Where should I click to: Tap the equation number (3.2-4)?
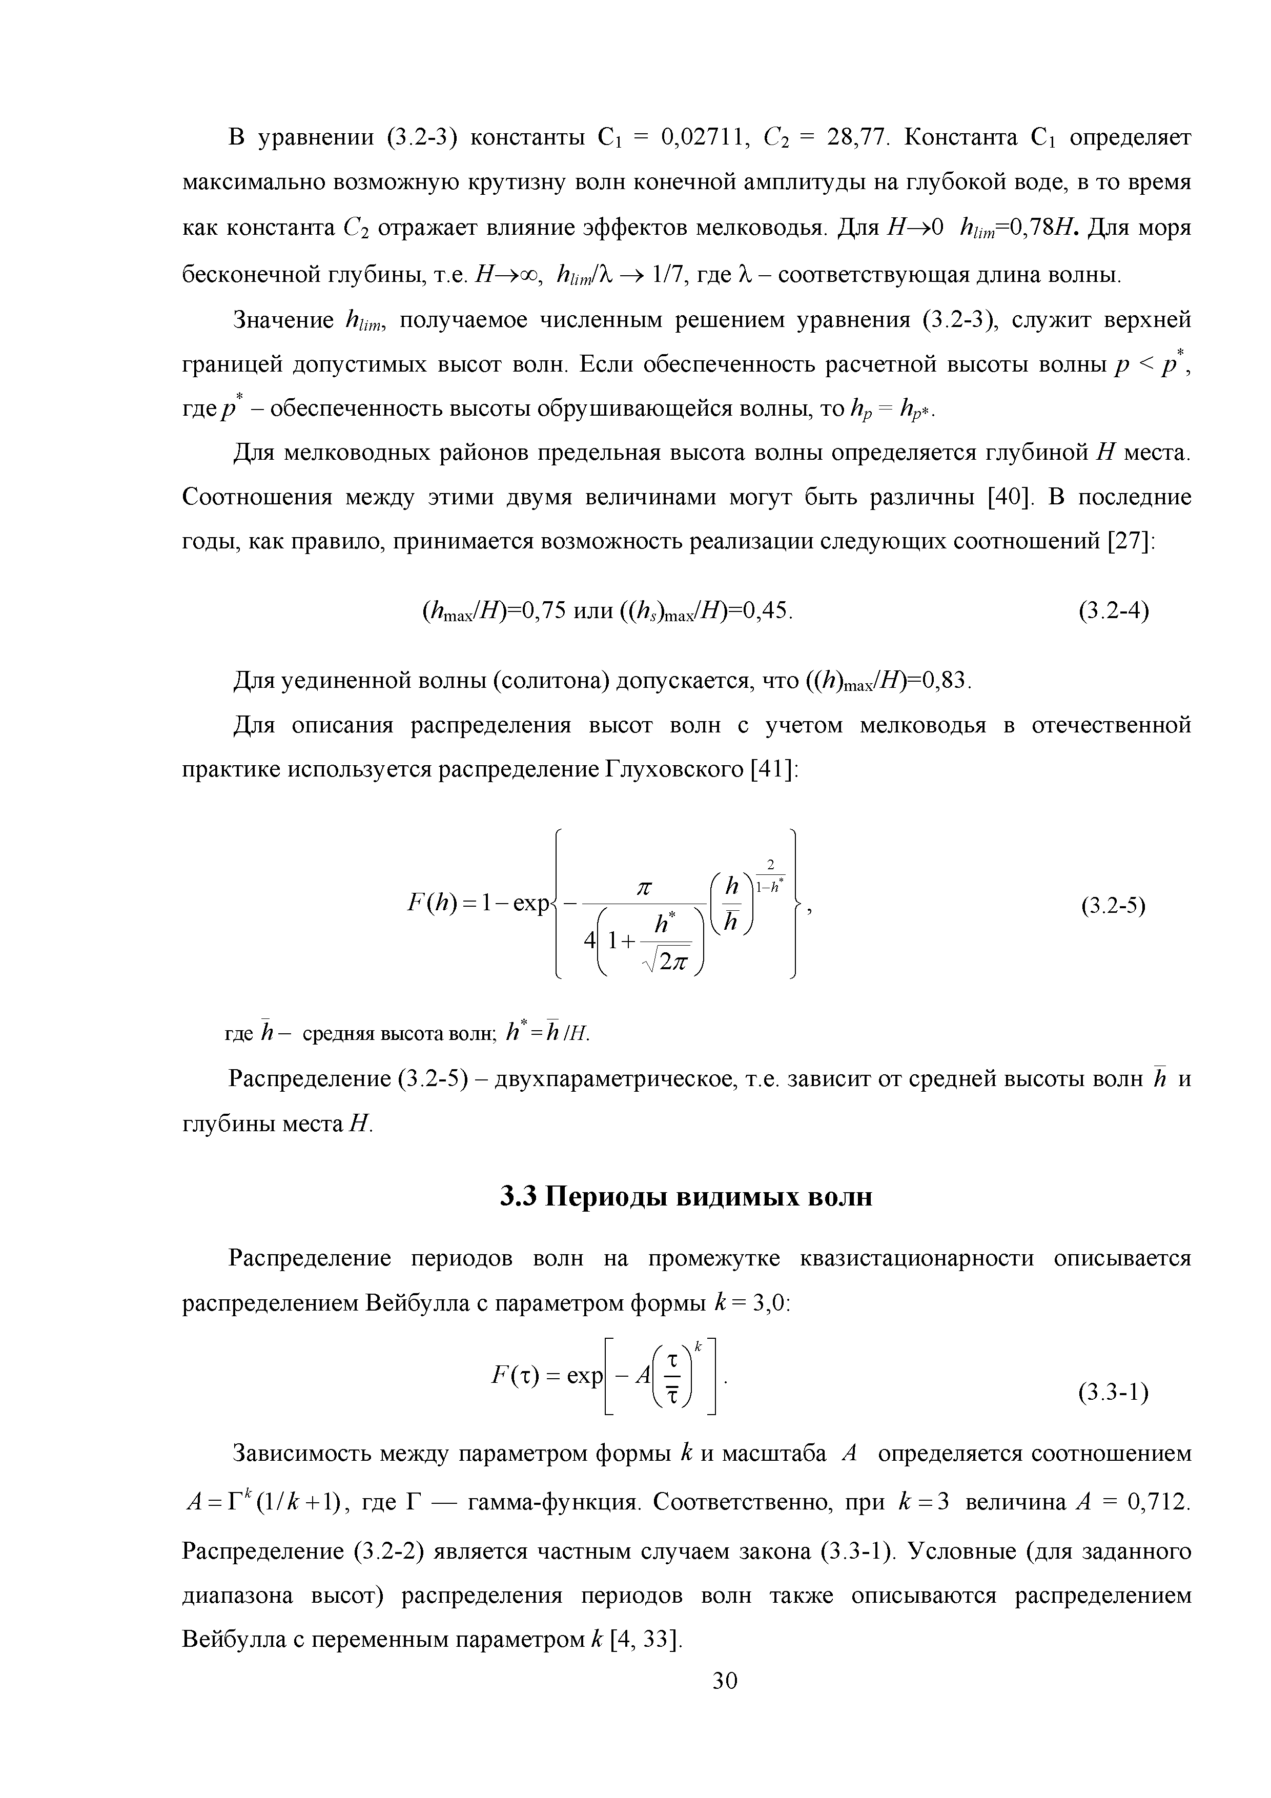click(1113, 610)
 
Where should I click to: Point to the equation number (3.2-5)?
click(1113, 906)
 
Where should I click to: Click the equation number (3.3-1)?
click(1113, 1393)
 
